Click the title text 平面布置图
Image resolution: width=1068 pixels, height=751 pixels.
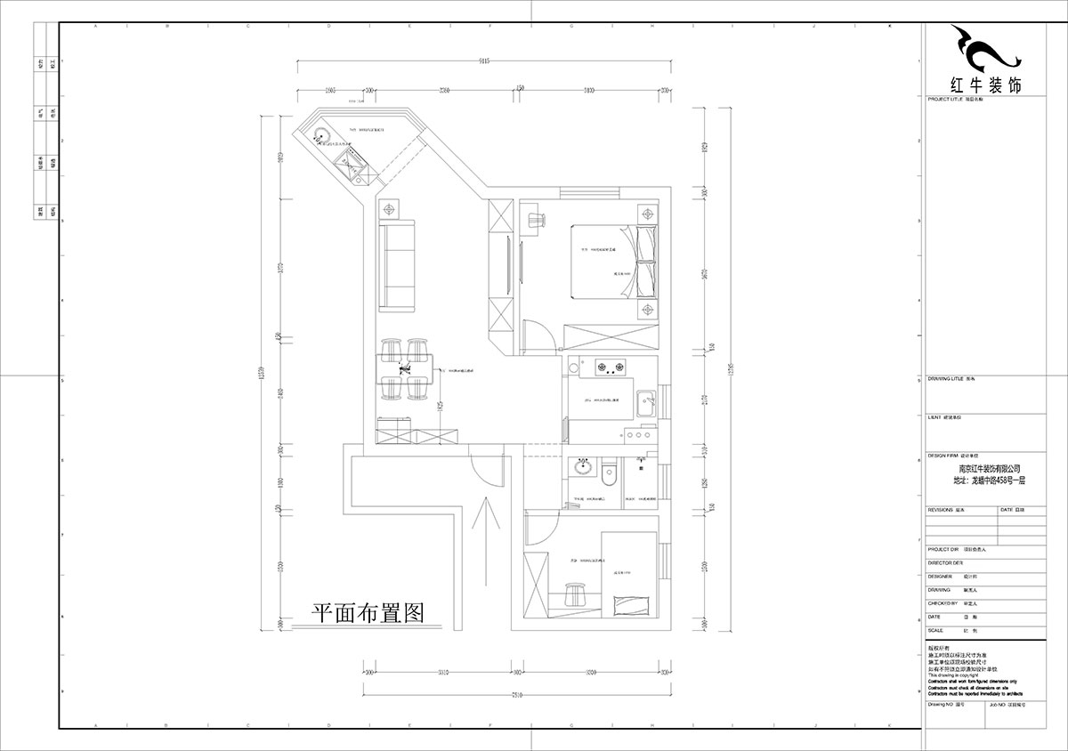click(x=366, y=613)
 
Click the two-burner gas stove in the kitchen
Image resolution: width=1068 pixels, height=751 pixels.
click(x=608, y=365)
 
